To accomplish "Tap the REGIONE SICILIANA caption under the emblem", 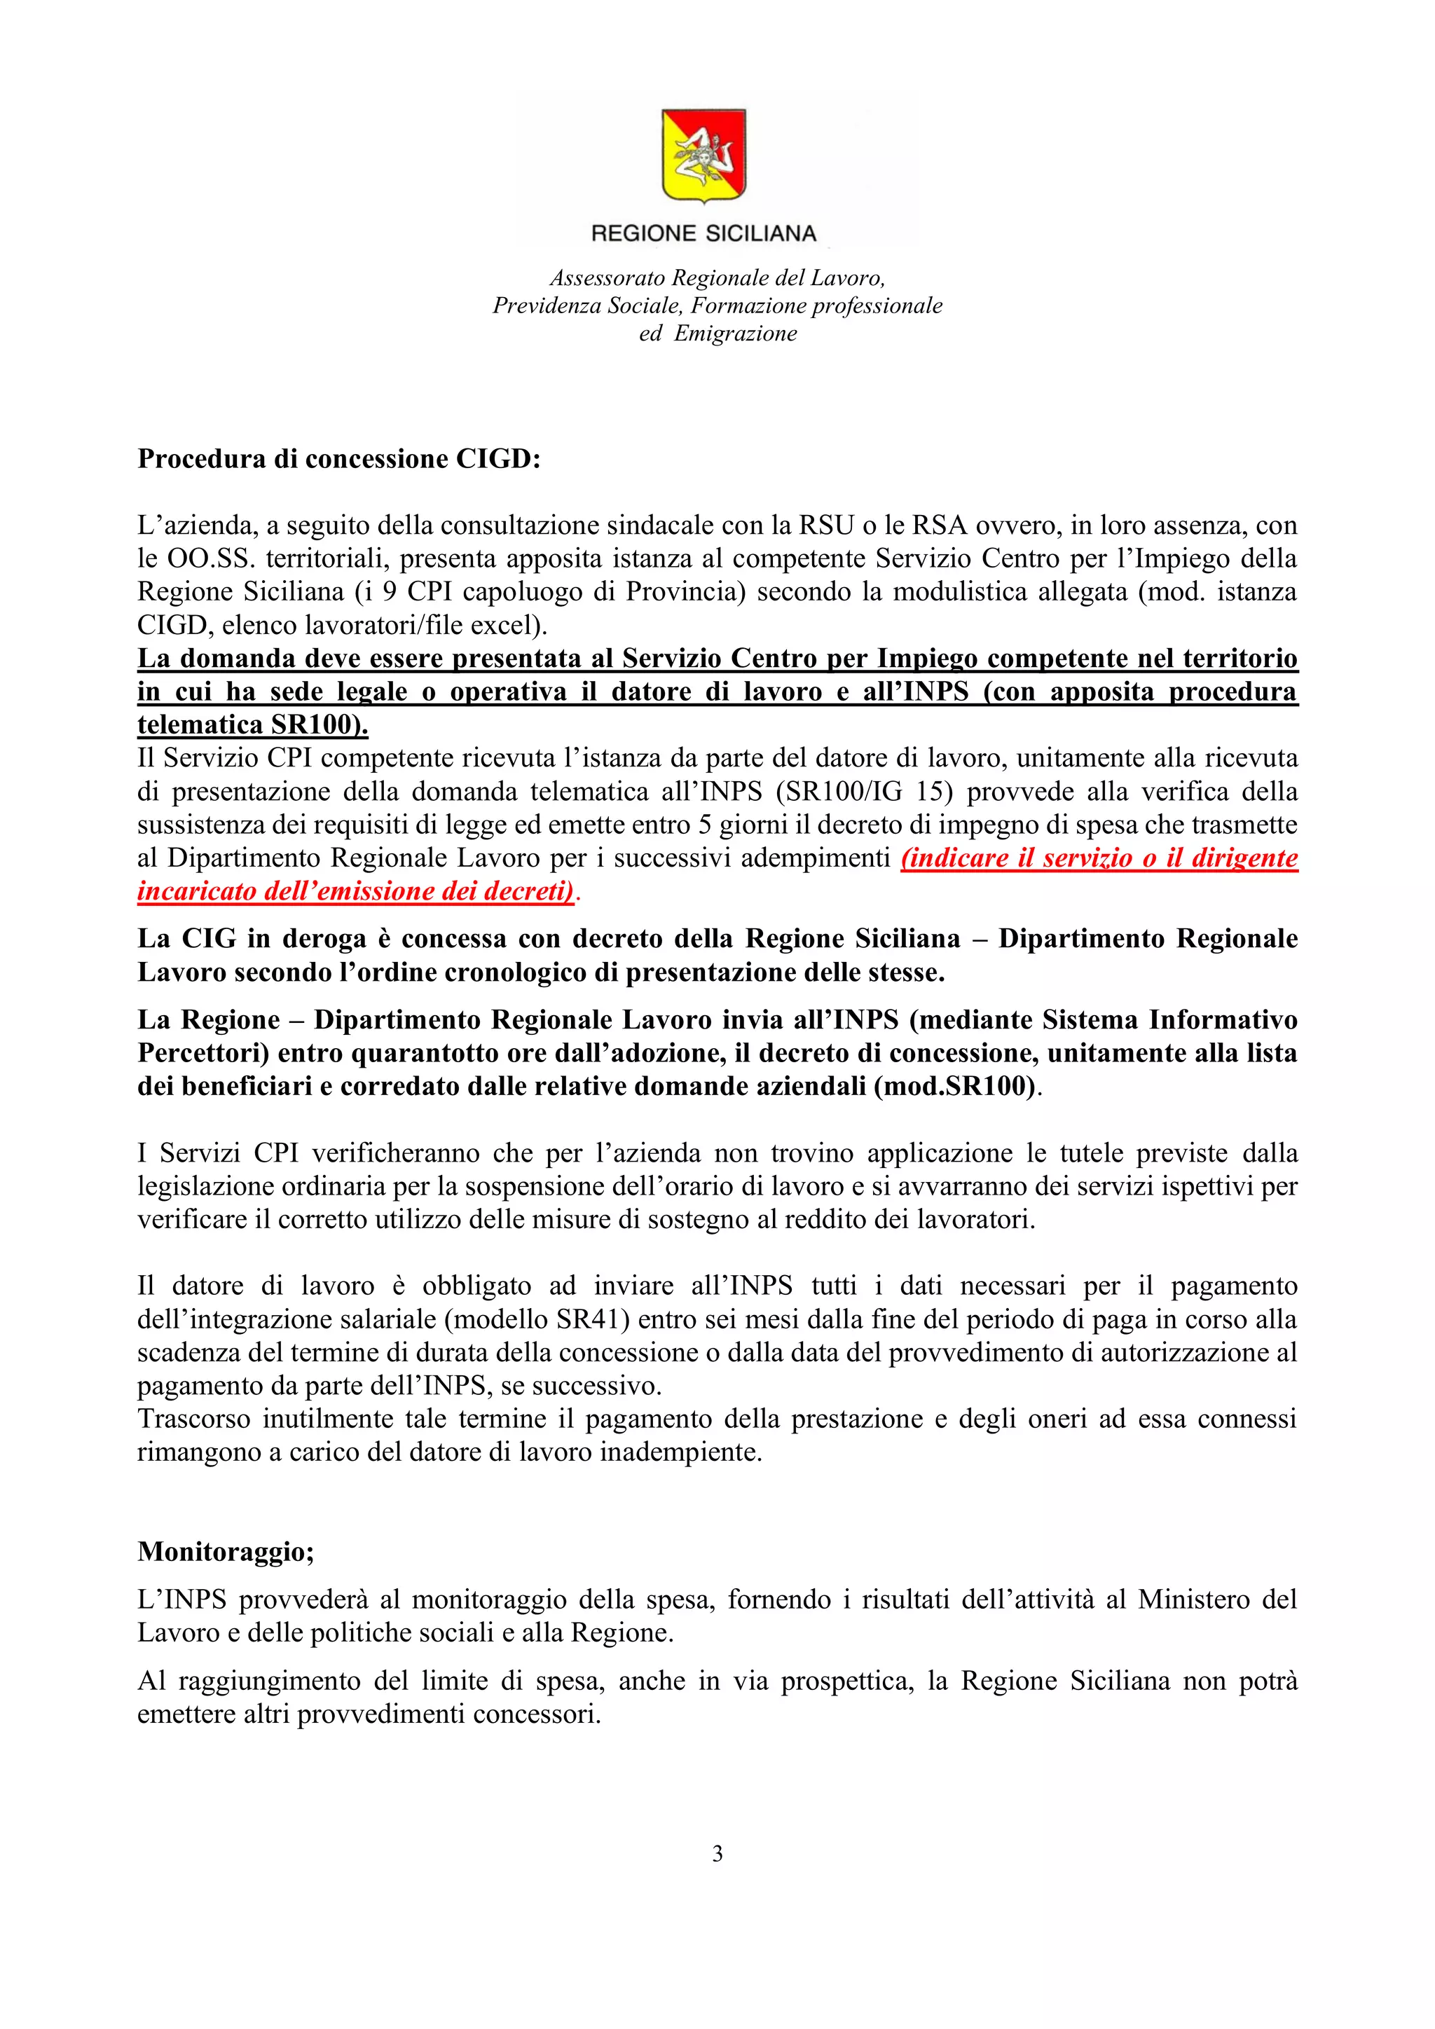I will click(x=703, y=233).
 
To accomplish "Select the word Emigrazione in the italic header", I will click(x=735, y=334).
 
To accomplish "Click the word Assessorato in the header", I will click(x=608, y=278).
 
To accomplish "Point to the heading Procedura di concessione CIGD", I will click(x=338, y=460).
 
